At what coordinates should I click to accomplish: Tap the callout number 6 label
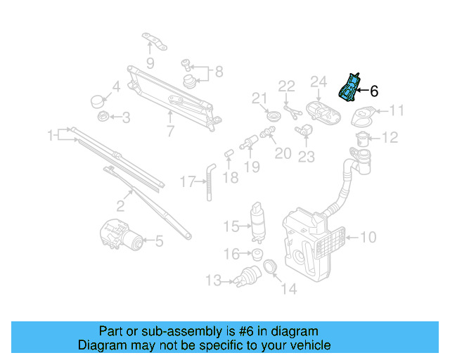pos(374,91)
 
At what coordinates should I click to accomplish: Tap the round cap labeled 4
pos(99,100)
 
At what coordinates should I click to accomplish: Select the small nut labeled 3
pos(103,116)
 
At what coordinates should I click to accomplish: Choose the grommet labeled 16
pos(257,254)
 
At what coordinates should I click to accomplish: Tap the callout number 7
pos(170,130)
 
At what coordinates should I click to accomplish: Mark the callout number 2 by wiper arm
pos(120,206)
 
